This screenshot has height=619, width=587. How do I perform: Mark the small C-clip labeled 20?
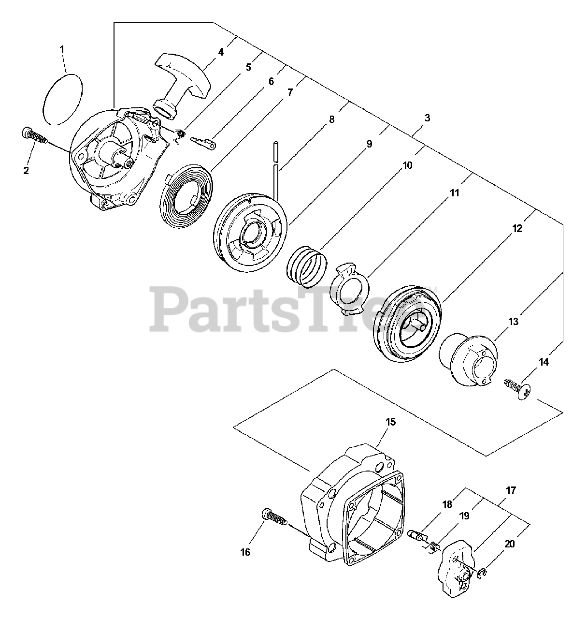(483, 573)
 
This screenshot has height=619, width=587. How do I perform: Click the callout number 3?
(427, 118)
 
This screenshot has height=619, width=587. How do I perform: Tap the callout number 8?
(332, 120)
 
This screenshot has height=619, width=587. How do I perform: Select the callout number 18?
(447, 504)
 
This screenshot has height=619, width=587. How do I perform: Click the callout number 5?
(248, 67)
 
